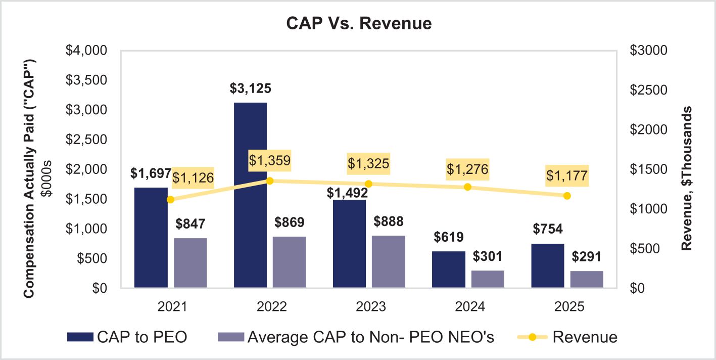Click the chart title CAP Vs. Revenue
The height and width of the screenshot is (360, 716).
tap(359, 23)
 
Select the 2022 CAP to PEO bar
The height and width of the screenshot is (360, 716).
tap(250, 195)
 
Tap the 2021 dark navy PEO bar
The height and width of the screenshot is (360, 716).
tap(151, 238)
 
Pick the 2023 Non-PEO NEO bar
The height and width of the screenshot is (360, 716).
tap(389, 261)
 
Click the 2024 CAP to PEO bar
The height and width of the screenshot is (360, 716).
tap(448, 269)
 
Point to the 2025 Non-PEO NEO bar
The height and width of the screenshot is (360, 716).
tap(587, 279)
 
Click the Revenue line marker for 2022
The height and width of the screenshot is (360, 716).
tap(269, 181)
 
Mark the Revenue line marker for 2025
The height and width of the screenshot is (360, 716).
tap(567, 196)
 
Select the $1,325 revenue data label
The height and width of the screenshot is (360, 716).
tap(368, 164)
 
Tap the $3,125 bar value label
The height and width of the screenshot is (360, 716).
tap(251, 88)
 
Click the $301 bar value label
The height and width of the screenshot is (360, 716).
tap(488, 256)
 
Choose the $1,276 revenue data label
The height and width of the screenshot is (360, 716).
tap(467, 169)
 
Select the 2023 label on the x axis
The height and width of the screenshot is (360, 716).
tap(368, 307)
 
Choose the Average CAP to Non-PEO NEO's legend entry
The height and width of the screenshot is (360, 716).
tap(356, 337)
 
